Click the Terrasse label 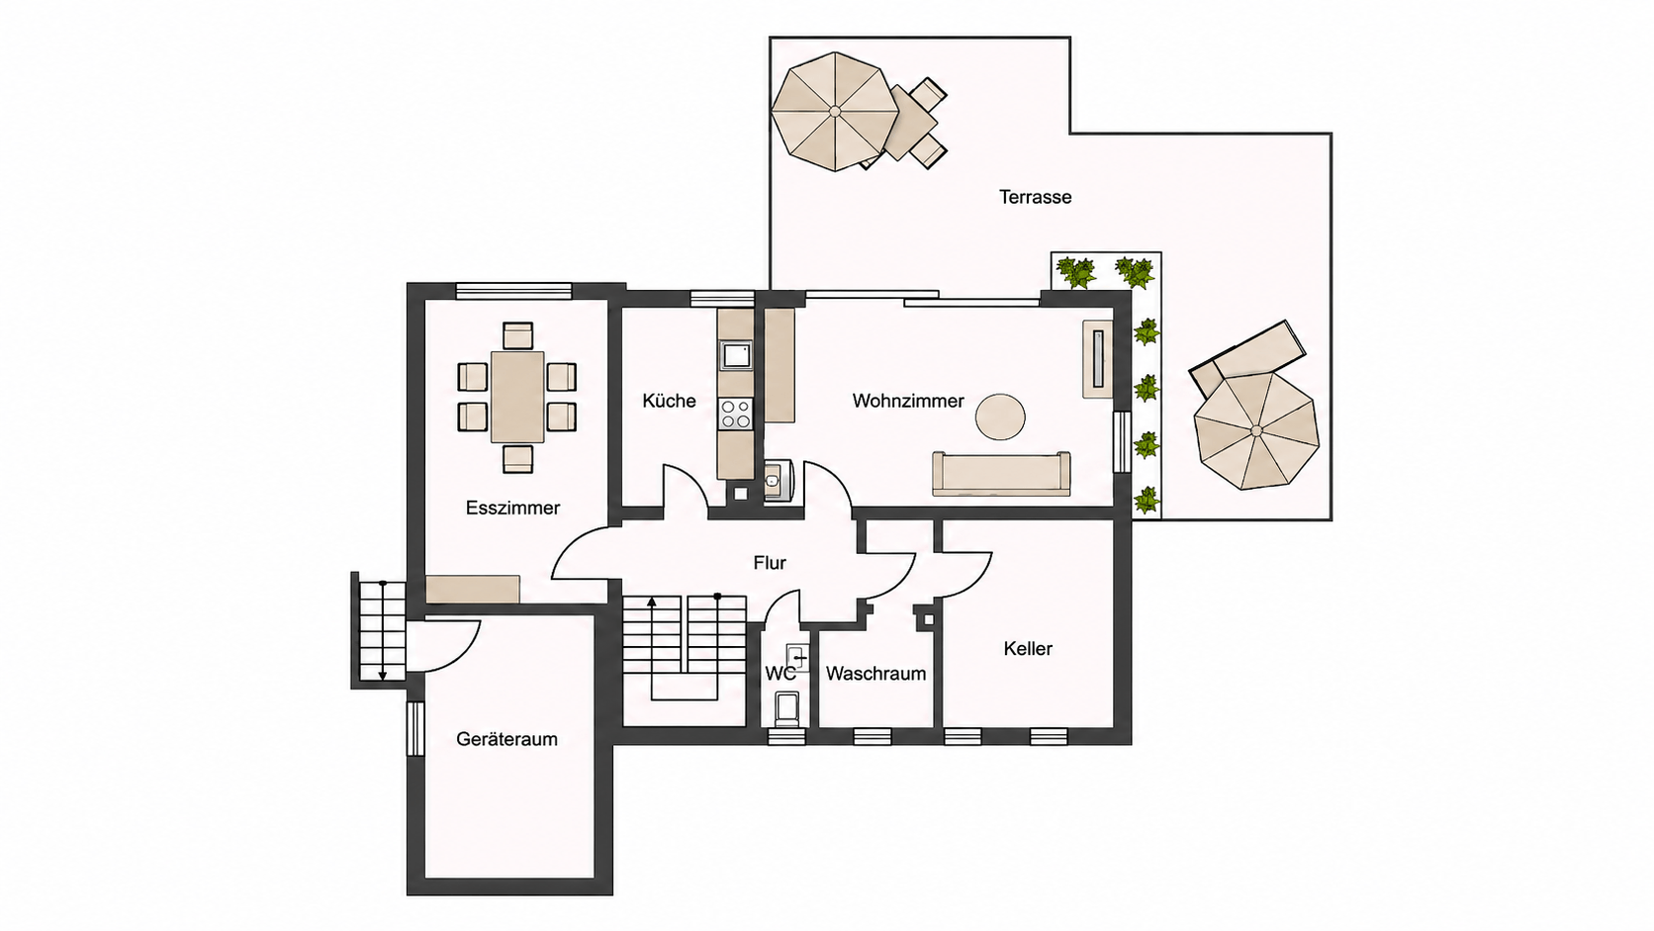click(1035, 197)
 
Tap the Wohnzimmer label click(908, 401)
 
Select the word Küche click(669, 401)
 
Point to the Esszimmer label click(512, 508)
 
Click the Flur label click(770, 563)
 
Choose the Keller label click(1028, 648)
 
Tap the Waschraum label click(875, 674)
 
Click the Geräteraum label click(506, 739)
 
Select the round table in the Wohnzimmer click(1000, 417)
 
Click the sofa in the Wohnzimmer click(1001, 473)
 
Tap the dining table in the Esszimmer click(516, 397)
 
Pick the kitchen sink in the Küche click(736, 355)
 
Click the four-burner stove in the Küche click(735, 414)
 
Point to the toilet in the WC click(787, 708)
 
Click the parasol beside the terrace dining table click(835, 112)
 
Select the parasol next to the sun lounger click(1256, 430)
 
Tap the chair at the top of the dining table click(517, 335)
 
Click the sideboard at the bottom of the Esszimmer click(473, 589)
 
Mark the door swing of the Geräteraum click(443, 646)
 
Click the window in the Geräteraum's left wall click(415, 729)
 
